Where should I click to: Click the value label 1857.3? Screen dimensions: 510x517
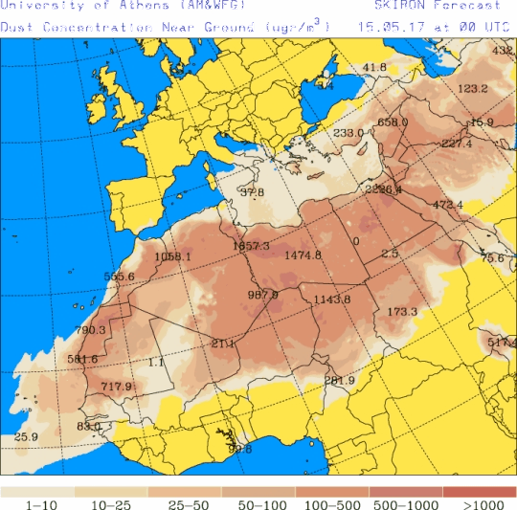point(252,247)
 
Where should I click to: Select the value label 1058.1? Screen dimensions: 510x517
point(172,256)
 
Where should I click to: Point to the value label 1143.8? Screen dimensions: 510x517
point(332,299)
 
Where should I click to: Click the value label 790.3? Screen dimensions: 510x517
point(90,330)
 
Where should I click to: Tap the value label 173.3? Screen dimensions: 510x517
point(402,312)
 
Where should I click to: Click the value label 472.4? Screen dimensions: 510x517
point(447,205)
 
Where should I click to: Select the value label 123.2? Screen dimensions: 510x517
point(473,89)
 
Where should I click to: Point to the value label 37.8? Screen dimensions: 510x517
point(252,192)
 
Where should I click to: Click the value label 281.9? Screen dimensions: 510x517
point(339,381)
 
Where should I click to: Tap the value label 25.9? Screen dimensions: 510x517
point(26,437)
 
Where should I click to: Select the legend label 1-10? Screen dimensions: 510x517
point(36,504)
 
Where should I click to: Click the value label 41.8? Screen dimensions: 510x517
point(374,67)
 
